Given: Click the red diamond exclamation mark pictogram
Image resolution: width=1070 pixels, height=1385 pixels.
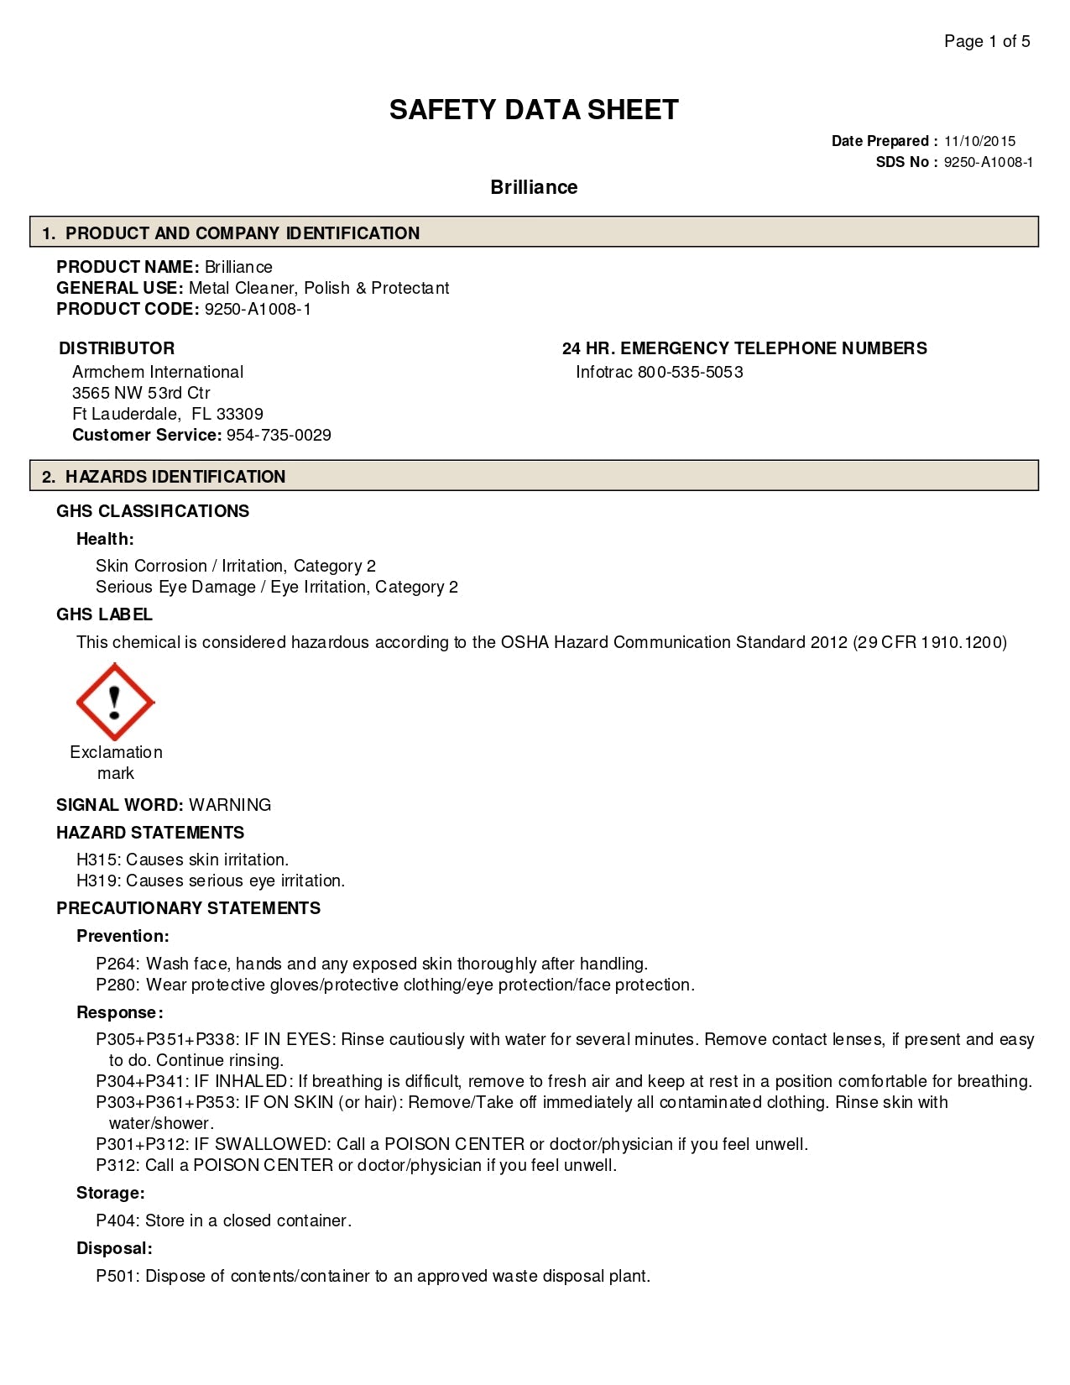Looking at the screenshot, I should click(115, 702).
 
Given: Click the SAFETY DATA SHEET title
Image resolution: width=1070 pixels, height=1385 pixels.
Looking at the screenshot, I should click(534, 110).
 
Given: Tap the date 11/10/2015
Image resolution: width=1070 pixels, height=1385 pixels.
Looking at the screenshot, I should click(979, 141).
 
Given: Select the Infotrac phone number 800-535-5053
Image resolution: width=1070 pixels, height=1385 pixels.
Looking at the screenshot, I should click(690, 372).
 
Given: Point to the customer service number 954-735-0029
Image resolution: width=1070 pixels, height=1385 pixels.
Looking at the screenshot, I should click(279, 435).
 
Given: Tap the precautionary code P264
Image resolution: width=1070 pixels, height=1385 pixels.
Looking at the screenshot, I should click(117, 964).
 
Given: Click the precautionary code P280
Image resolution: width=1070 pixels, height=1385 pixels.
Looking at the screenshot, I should click(117, 985).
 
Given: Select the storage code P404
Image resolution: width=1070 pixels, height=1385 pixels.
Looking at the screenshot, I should click(117, 1220).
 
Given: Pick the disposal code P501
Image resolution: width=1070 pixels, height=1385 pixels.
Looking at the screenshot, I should click(117, 1276).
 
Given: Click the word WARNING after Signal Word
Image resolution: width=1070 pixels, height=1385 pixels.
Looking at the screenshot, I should click(230, 805).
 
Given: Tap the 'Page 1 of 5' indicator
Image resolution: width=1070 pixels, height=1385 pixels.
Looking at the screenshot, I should click(987, 41).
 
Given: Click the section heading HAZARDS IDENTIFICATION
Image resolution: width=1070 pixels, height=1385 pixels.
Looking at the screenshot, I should click(175, 477).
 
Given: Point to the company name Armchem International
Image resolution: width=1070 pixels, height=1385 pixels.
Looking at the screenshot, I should click(158, 372).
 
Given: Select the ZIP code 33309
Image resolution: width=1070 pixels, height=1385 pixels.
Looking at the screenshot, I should click(240, 414).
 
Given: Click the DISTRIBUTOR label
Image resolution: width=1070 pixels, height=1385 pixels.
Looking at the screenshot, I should click(117, 348).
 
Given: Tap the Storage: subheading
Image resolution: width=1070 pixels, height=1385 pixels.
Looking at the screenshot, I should click(110, 1193).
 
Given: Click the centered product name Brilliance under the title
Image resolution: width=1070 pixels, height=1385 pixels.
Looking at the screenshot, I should click(534, 187).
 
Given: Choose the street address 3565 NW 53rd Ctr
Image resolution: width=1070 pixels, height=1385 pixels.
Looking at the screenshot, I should click(141, 393).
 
